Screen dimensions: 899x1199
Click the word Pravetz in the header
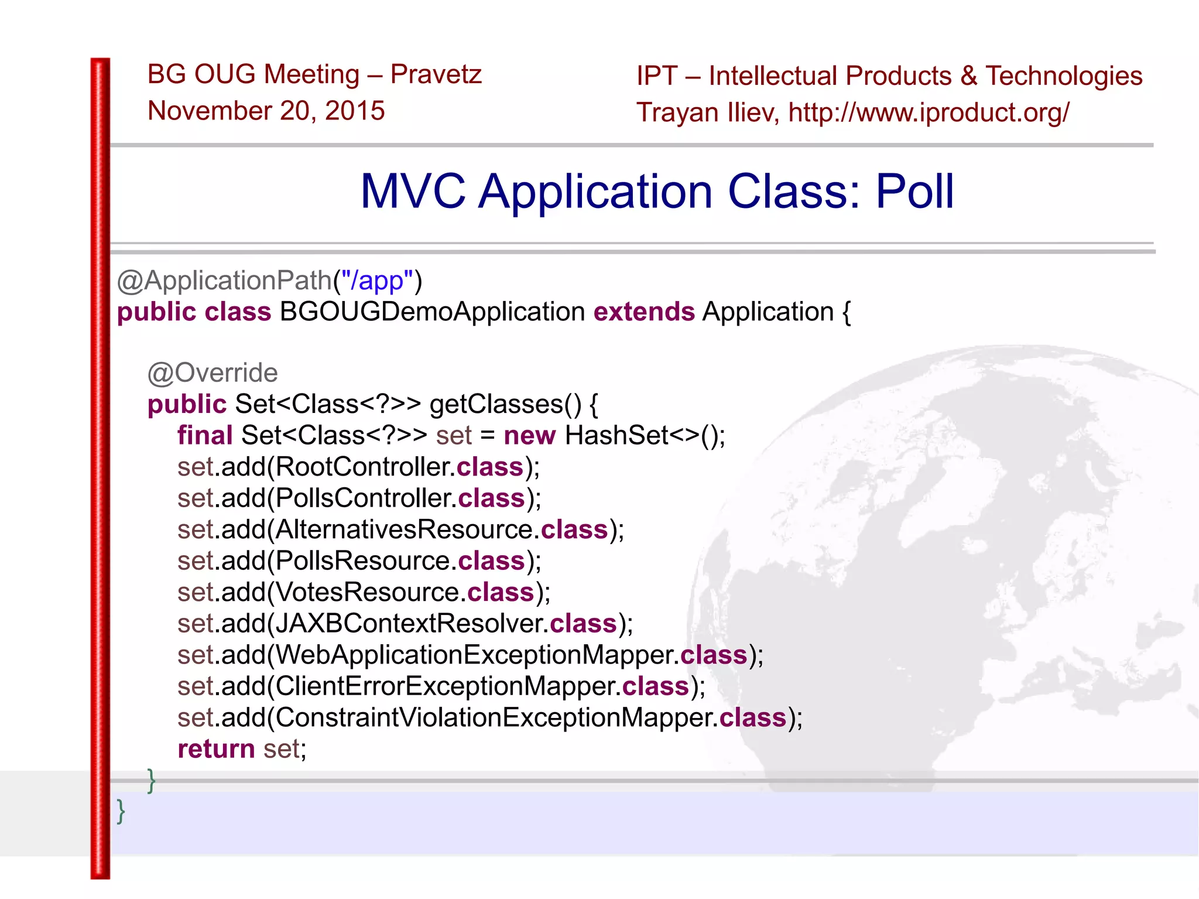tap(436, 75)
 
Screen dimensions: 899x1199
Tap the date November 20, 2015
tap(266, 111)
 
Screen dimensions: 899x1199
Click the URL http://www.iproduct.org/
tap(929, 112)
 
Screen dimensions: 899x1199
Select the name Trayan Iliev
tap(707, 112)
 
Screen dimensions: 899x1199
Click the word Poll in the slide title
tap(914, 192)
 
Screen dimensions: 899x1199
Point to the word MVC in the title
tap(413, 192)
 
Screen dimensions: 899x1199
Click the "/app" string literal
tap(377, 281)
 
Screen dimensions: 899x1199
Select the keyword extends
tap(644, 312)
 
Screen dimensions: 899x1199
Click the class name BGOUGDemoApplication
tap(432, 312)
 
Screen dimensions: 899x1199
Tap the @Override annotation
tap(213, 373)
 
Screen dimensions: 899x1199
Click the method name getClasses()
tap(505, 404)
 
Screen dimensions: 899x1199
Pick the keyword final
tap(205, 436)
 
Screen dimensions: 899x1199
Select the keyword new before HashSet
tap(529, 436)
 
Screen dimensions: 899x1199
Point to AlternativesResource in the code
tap(404, 529)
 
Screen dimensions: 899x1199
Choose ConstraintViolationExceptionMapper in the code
tap(493, 717)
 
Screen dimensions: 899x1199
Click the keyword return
tap(216, 749)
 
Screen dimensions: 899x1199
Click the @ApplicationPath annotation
tap(225, 281)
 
